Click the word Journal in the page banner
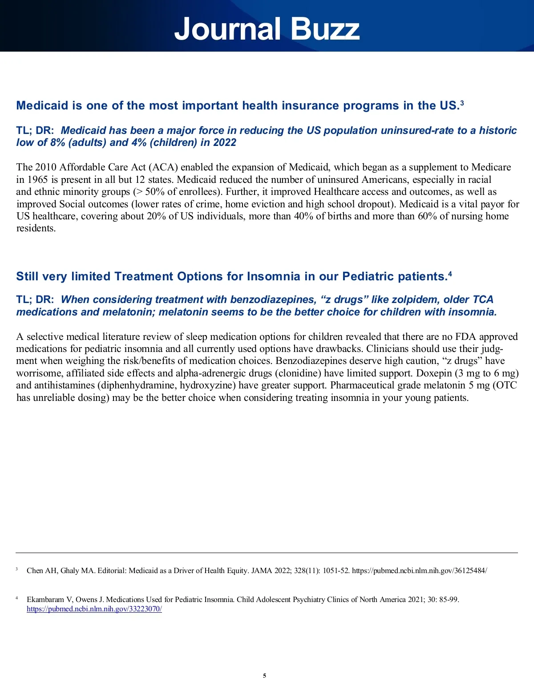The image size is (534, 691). coord(227,29)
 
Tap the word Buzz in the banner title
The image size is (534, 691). coord(325,29)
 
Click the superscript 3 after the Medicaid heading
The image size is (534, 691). coord(462,103)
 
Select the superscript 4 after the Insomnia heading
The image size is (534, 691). coord(450,274)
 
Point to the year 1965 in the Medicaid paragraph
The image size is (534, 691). coord(38,179)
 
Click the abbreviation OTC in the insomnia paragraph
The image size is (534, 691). coord(506,385)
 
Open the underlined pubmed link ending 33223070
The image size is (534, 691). coord(94,609)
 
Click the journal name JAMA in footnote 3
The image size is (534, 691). coord(262,571)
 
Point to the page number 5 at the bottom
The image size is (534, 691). coord(265,676)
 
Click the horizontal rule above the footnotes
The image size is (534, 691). coord(267,553)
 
